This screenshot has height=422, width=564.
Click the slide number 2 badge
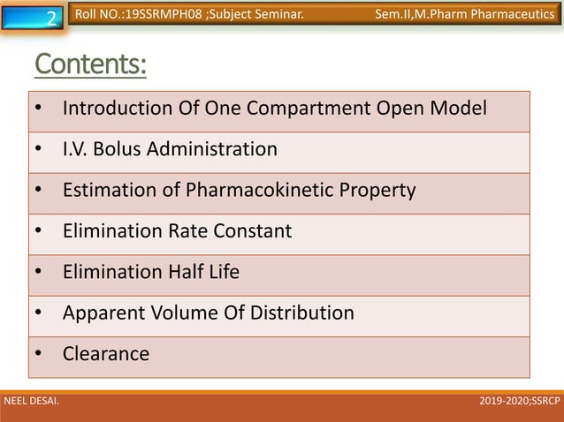[51, 17]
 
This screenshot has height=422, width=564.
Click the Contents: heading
[90, 65]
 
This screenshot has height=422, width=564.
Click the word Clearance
[106, 354]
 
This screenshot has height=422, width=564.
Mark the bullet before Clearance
[40, 354]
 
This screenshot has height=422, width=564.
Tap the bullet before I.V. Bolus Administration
[40, 149]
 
